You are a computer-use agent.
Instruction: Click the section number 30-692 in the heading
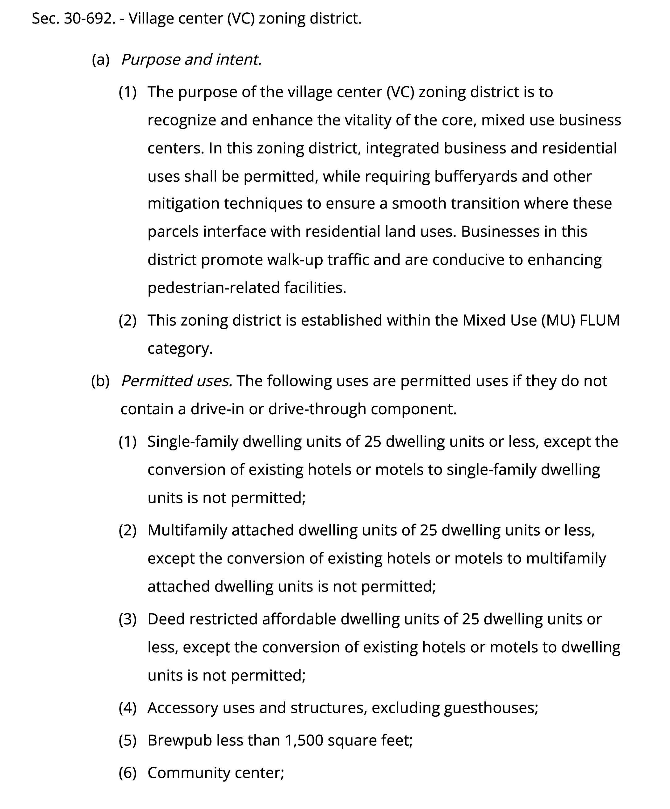pyautogui.click(x=89, y=19)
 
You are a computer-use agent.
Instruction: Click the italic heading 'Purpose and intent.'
pyautogui.click(x=191, y=60)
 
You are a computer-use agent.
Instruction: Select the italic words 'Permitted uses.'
pyautogui.click(x=177, y=381)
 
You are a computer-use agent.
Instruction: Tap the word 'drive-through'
pyautogui.click(x=317, y=409)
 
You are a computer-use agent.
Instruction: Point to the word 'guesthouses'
pyautogui.click(x=490, y=708)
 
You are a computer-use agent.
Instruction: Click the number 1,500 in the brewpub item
pyautogui.click(x=304, y=740)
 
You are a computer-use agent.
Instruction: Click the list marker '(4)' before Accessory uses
pyautogui.click(x=128, y=708)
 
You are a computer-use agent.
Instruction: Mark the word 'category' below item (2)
pyautogui.click(x=179, y=349)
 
